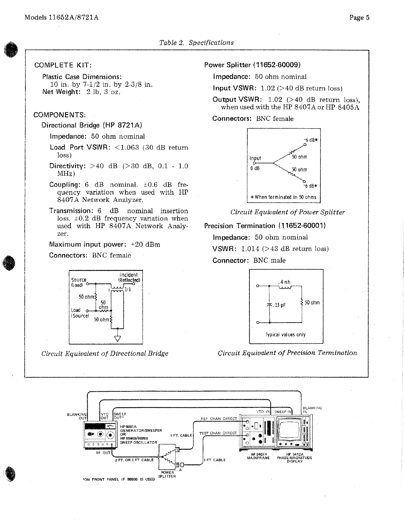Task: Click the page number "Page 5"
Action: [359, 18]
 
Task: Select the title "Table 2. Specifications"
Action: [196, 43]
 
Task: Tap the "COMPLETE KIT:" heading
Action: [63, 65]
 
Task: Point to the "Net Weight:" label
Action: [61, 92]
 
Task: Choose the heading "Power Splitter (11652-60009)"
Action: [252, 65]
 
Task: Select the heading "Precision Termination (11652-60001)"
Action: [265, 226]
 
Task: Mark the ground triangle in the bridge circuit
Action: [118, 339]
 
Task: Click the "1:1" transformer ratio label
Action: [127, 290]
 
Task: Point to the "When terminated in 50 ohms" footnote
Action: [283, 197]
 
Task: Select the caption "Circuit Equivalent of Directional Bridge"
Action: [105, 354]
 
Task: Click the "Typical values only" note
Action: [285, 335]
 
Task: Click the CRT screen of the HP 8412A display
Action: [291, 430]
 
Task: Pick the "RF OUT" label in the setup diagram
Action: [103, 453]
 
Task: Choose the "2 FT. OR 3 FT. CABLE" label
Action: [134, 460]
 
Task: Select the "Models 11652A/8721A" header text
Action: [61, 18]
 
